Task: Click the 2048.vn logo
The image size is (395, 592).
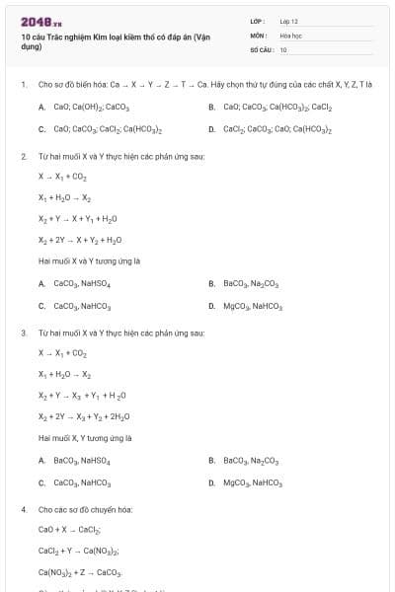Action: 40,22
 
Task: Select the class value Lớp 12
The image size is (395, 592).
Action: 288,21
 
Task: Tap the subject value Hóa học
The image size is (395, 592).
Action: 290,35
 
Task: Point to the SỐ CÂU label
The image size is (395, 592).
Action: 261,49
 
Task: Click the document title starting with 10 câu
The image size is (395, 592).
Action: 115,40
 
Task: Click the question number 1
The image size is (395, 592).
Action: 23,85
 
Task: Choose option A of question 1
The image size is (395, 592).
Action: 83,107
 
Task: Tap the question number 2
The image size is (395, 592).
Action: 23,157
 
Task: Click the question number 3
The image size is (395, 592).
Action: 23,333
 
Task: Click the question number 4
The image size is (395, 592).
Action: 23,510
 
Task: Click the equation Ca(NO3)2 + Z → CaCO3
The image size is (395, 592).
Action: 80,572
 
